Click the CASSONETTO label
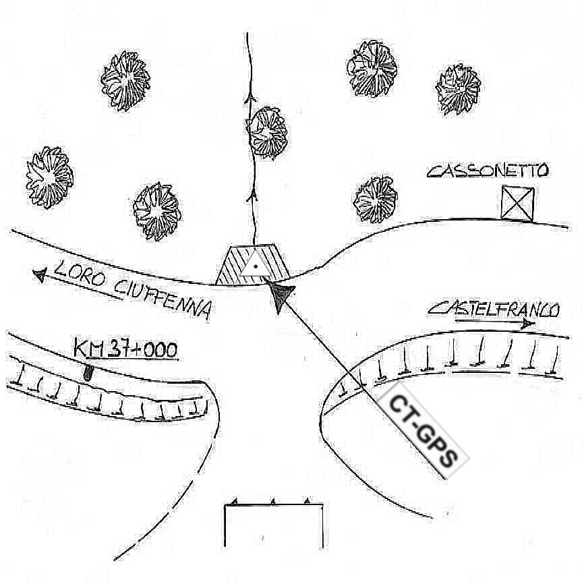point(488,170)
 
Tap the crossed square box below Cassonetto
point(517,203)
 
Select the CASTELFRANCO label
point(494,310)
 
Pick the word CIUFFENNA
point(163,297)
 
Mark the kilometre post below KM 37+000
point(88,372)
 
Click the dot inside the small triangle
point(256,267)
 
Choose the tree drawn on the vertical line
point(268,132)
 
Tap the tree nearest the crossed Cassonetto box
point(376,200)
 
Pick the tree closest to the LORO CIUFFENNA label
point(156,210)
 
